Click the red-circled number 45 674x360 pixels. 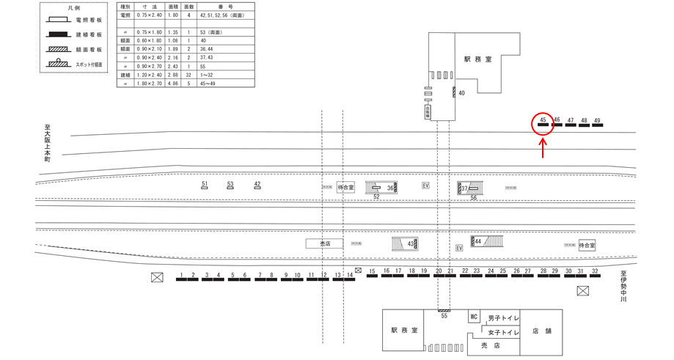(x=543, y=119)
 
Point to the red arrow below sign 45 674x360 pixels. (x=543, y=148)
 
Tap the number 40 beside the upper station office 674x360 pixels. (x=461, y=93)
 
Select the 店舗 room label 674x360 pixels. (x=543, y=331)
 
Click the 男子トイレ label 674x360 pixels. (x=503, y=317)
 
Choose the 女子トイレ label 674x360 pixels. (x=503, y=332)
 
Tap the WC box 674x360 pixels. (x=475, y=317)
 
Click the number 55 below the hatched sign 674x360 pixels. (x=444, y=315)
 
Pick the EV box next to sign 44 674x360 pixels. (x=459, y=249)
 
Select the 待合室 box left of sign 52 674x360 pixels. (x=345, y=188)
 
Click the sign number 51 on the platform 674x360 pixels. (x=205, y=184)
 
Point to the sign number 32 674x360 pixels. (x=595, y=271)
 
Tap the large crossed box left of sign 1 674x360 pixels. (x=156, y=277)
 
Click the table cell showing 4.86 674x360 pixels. (x=174, y=84)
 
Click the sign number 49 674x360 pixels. (x=598, y=120)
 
